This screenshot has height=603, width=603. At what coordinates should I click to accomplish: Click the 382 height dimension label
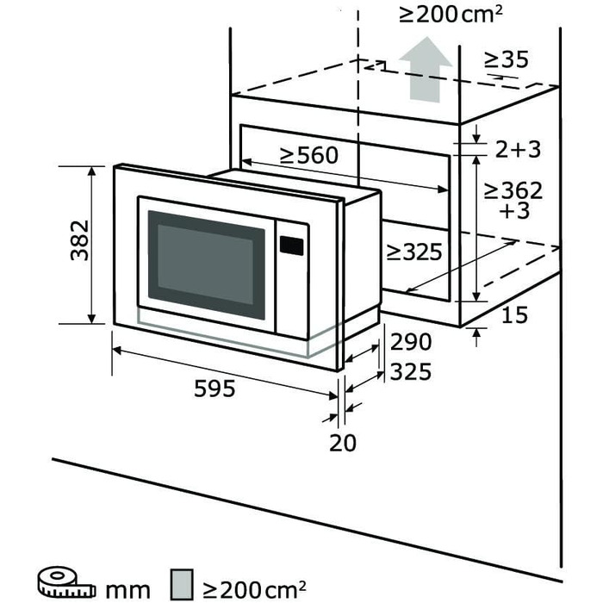pyautogui.click(x=80, y=240)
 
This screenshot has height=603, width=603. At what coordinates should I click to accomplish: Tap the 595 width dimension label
pyautogui.click(x=214, y=388)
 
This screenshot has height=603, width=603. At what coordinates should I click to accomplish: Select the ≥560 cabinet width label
pyautogui.click(x=309, y=155)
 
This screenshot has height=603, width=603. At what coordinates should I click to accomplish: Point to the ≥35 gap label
pyautogui.click(x=507, y=59)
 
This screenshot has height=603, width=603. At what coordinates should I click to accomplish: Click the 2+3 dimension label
pyautogui.click(x=518, y=149)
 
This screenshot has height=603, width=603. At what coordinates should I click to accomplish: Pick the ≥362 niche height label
pyautogui.click(x=513, y=190)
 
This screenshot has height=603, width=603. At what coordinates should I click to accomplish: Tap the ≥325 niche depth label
pyautogui.click(x=413, y=252)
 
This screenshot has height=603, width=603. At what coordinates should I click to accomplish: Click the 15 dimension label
pyautogui.click(x=515, y=315)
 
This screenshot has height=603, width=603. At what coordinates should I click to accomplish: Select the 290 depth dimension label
pyautogui.click(x=410, y=342)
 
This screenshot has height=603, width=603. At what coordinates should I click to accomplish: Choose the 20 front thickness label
pyautogui.click(x=343, y=443)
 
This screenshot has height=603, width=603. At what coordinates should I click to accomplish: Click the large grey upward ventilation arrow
pyautogui.click(x=426, y=70)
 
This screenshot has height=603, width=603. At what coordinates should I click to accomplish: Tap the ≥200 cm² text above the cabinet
pyautogui.click(x=451, y=15)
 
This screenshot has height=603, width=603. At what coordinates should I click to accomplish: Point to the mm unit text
pyautogui.click(x=127, y=590)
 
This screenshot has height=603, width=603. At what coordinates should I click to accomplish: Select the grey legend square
pyautogui.click(x=182, y=584)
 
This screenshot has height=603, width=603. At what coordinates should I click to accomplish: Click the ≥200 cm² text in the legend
pyautogui.click(x=255, y=588)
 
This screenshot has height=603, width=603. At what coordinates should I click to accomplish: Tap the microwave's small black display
pyautogui.click(x=291, y=246)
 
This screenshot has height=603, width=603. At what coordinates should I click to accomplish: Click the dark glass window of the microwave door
pyautogui.click(x=207, y=264)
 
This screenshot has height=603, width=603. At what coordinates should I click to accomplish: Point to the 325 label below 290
pyautogui.click(x=410, y=372)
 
